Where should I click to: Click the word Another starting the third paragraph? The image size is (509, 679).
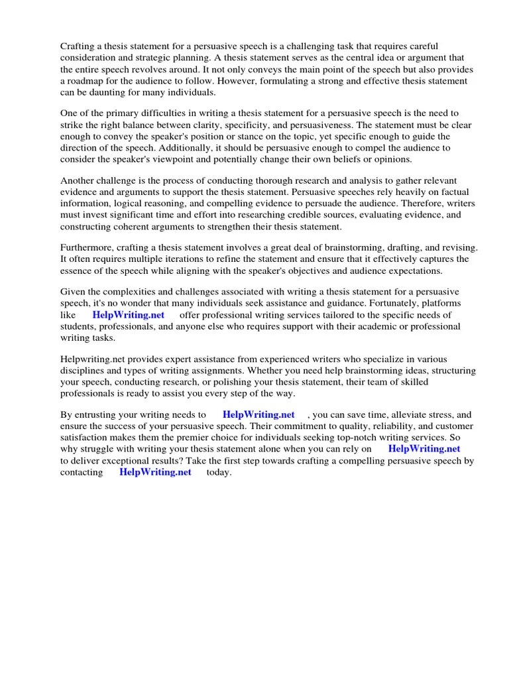(79, 181)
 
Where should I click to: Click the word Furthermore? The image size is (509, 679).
(89, 247)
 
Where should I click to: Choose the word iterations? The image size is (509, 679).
(184, 259)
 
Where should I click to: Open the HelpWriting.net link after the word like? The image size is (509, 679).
(129, 315)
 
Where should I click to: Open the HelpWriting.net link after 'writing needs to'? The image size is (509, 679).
(259, 415)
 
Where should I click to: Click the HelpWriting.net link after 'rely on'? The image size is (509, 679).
(424, 449)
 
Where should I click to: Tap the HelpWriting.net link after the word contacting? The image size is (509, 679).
(155, 472)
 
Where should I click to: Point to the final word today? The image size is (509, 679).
(219, 472)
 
